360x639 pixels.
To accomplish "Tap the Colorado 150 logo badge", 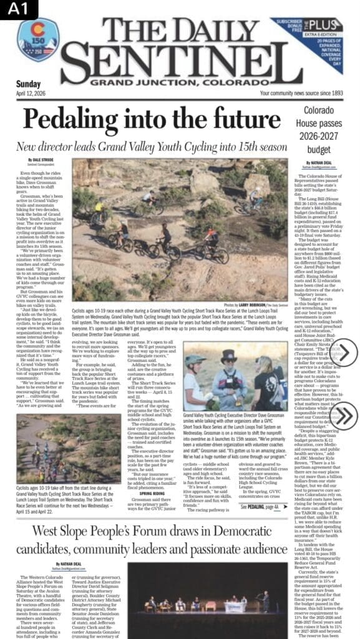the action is pyautogui.click(x=34, y=41).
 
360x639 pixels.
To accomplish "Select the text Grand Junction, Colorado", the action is pyautogui.click(x=175, y=82).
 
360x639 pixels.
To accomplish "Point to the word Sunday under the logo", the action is pyautogui.click(x=29, y=84).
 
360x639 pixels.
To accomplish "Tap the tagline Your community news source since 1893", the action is pyautogui.click(x=301, y=93).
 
